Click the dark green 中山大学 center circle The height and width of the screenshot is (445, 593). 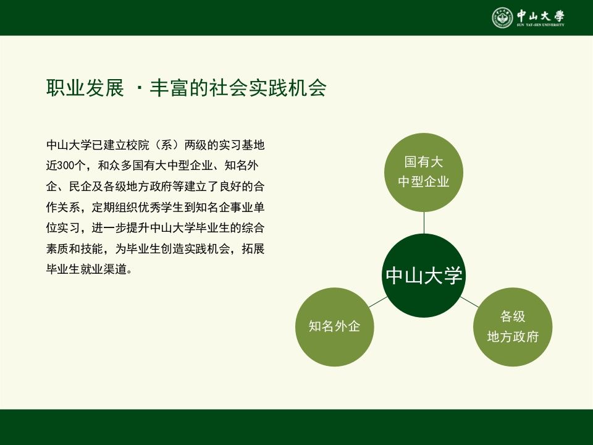pos(424,276)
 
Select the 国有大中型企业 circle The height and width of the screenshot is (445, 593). pos(424,172)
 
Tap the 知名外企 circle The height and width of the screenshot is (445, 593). pos(334,327)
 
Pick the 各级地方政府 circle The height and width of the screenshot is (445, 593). pos(513,327)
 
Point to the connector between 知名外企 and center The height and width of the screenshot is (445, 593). pos(377,302)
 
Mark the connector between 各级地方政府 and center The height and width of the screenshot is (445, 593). pos(469,302)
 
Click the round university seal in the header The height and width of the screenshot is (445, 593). pos(502,18)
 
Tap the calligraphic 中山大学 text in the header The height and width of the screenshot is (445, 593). pos(540,15)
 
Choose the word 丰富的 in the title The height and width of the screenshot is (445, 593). pos(179,88)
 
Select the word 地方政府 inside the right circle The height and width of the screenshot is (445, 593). pos(513,337)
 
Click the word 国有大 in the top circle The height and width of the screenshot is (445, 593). pos(424,163)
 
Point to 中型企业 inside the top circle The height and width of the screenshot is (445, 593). pos(424,182)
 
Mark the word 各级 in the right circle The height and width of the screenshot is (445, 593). pos(513,317)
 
